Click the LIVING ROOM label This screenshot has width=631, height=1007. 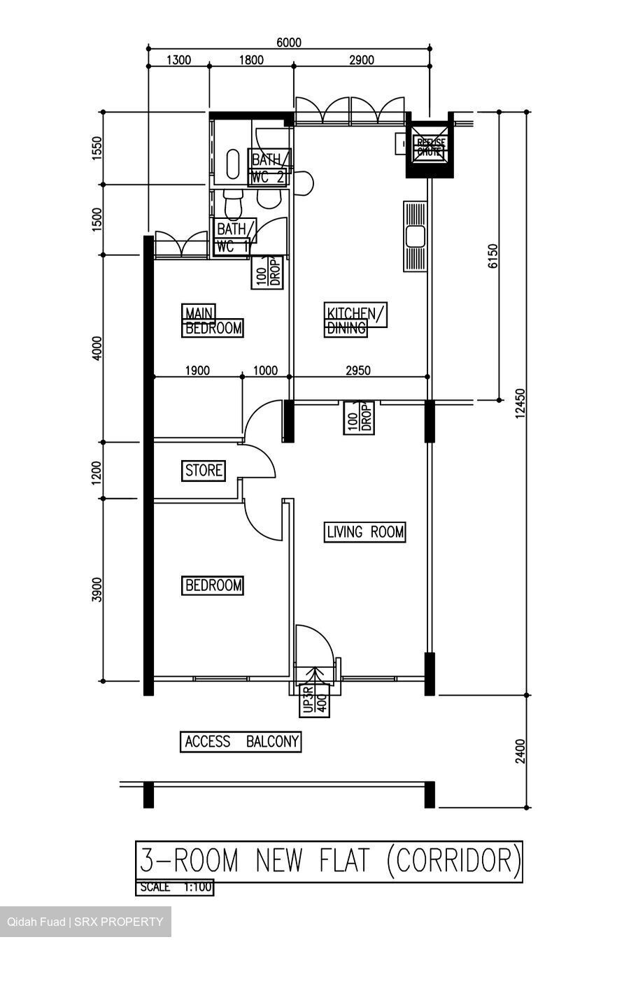365,532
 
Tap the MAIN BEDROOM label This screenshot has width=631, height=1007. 213,320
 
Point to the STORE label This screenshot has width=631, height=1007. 204,471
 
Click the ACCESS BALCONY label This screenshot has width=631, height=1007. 241,741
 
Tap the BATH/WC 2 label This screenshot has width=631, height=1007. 269,169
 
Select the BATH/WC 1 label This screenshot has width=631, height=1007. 233,238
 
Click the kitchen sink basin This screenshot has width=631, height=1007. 416,237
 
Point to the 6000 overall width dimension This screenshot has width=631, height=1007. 288,43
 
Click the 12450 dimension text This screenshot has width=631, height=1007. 519,403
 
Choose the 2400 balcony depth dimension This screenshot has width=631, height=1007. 519,751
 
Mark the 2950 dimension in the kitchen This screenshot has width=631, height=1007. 357,371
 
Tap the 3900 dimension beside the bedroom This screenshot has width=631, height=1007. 98,590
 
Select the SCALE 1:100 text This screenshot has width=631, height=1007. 174,887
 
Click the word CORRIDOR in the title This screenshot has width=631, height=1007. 453,860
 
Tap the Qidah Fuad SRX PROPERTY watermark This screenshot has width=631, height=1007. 85,922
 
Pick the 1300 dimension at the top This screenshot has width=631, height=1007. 178,60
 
